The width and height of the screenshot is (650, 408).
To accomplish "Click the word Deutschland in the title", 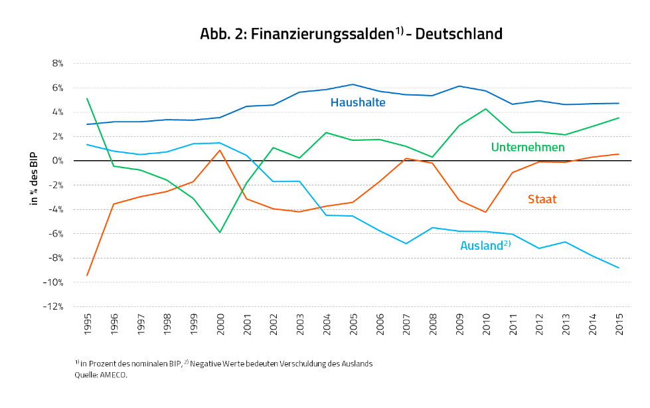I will click(x=459, y=34).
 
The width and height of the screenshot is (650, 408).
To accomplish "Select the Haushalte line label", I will click(x=358, y=102).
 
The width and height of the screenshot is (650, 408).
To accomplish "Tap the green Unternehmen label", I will click(x=527, y=147).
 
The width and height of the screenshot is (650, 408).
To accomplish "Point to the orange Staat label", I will click(x=542, y=199).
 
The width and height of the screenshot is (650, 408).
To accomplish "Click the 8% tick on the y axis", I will click(x=57, y=64).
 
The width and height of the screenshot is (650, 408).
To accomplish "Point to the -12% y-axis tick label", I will click(x=54, y=307).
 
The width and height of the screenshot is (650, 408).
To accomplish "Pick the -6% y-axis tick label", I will click(x=56, y=234).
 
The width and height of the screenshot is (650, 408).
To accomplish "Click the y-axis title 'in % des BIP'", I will click(x=35, y=178).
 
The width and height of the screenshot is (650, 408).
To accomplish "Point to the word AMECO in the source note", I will click(x=114, y=375).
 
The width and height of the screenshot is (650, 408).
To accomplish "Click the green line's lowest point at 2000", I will click(x=220, y=233).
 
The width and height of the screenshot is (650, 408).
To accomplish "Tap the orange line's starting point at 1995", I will click(x=87, y=275).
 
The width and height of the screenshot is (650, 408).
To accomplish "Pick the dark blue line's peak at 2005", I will click(x=353, y=84).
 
